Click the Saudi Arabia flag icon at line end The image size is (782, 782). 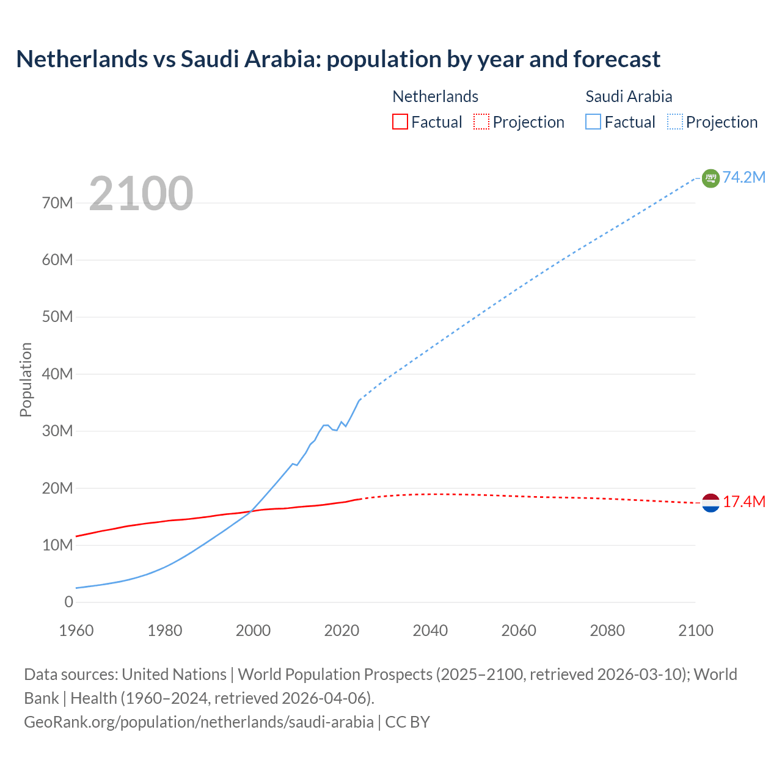tap(711, 178)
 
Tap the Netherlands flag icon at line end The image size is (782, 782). tap(711, 502)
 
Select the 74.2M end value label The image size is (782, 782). tap(744, 177)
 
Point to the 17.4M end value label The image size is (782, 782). tap(744, 502)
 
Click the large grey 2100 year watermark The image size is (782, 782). tap(141, 194)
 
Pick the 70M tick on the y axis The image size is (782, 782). tap(57, 203)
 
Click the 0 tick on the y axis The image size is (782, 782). tap(68, 602)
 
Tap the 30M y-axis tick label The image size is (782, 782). tap(57, 431)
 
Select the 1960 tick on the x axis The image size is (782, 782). tap(76, 630)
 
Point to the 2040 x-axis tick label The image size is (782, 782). tap(430, 630)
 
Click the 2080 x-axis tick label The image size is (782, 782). tap(607, 630)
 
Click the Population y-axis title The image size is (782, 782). tap(26, 379)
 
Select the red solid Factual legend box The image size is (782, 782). tap(400, 122)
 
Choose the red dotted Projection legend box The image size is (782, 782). tap(481, 122)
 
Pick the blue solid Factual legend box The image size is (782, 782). tap(593, 122)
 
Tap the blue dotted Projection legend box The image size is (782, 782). tap(674, 122)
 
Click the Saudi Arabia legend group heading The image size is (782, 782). tap(629, 97)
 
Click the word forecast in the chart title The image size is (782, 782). tap(616, 59)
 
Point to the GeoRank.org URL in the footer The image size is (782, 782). tap(199, 722)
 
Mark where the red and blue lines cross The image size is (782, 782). tap(251, 511)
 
